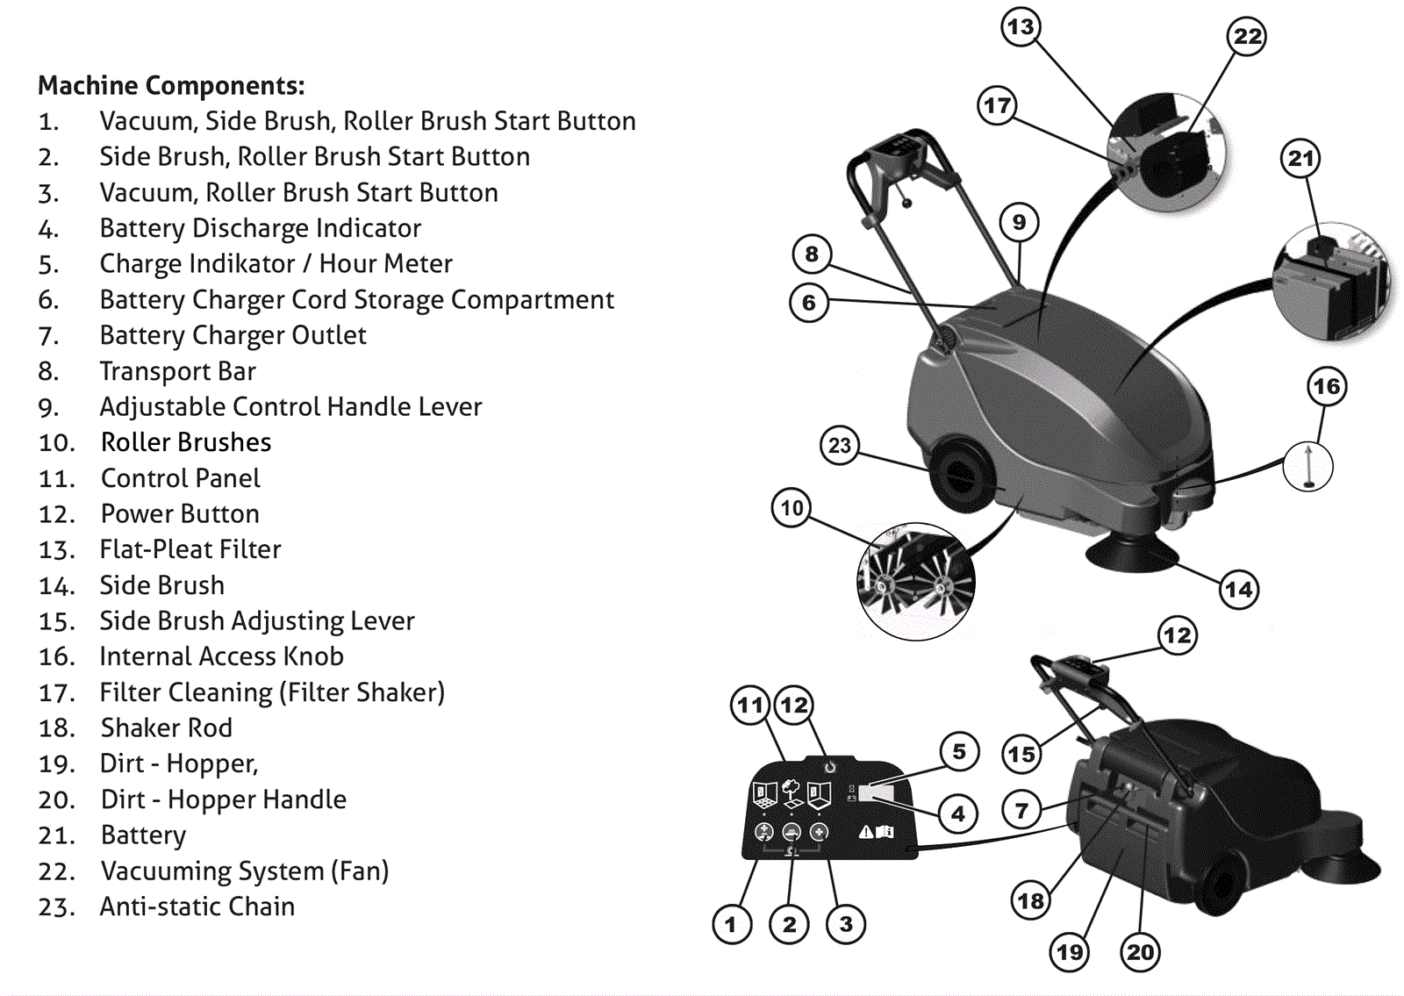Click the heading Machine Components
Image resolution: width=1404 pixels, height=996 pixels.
171,86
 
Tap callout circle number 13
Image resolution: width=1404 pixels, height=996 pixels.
1021,27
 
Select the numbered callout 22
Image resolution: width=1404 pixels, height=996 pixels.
1247,37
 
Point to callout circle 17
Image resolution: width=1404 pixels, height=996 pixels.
997,106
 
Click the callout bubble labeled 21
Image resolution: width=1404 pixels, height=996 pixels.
1300,159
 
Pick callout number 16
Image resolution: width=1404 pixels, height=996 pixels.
1326,387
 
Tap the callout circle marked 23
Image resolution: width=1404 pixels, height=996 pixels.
840,446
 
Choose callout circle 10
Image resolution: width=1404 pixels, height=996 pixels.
792,508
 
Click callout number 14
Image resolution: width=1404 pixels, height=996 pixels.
1238,590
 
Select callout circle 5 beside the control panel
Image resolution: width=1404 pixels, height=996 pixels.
959,752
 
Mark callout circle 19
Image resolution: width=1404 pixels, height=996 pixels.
1070,953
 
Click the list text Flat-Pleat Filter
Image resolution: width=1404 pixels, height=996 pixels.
190,549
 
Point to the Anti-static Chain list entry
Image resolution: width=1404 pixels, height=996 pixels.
197,906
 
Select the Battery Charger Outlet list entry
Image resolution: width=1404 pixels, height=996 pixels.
233,335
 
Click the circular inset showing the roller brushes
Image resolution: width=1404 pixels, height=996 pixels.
915,580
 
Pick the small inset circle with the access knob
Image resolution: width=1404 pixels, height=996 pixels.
1307,465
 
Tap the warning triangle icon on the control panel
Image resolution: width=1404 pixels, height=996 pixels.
865,832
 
